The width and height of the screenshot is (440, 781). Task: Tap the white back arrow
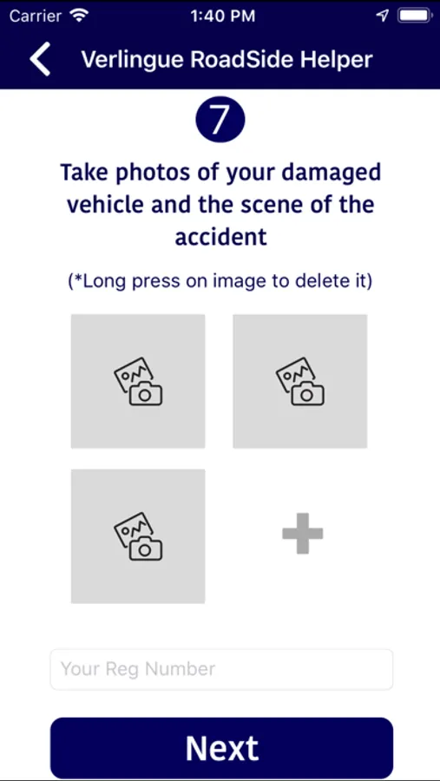pos(41,59)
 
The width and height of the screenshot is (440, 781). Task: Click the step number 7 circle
pos(220,120)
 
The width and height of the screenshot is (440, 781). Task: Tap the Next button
pos(222,748)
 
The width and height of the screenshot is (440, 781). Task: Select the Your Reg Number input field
pos(222,669)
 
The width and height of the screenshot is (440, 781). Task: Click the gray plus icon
pos(303,534)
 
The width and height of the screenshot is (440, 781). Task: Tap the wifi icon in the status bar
pos(79,16)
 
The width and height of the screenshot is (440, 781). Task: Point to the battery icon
pos(415,16)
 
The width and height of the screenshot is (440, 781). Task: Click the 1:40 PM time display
pos(223,16)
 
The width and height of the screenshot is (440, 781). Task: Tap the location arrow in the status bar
pos(382,16)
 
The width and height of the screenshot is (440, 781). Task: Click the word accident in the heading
pos(220,237)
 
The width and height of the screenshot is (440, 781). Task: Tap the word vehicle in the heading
pos(105,205)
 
